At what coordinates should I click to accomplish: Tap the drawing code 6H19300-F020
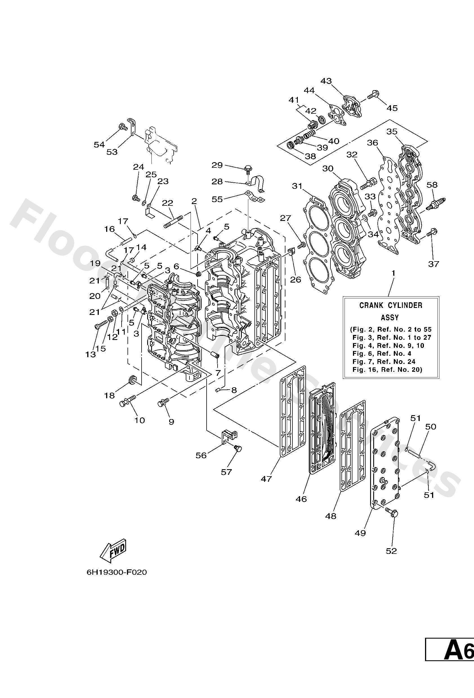point(117,572)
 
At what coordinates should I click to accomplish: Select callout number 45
point(392,108)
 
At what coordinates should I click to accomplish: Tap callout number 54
point(99,144)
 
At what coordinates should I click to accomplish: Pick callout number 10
point(140,420)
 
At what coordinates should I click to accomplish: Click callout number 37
point(433,264)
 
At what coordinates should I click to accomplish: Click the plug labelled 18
point(132,379)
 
